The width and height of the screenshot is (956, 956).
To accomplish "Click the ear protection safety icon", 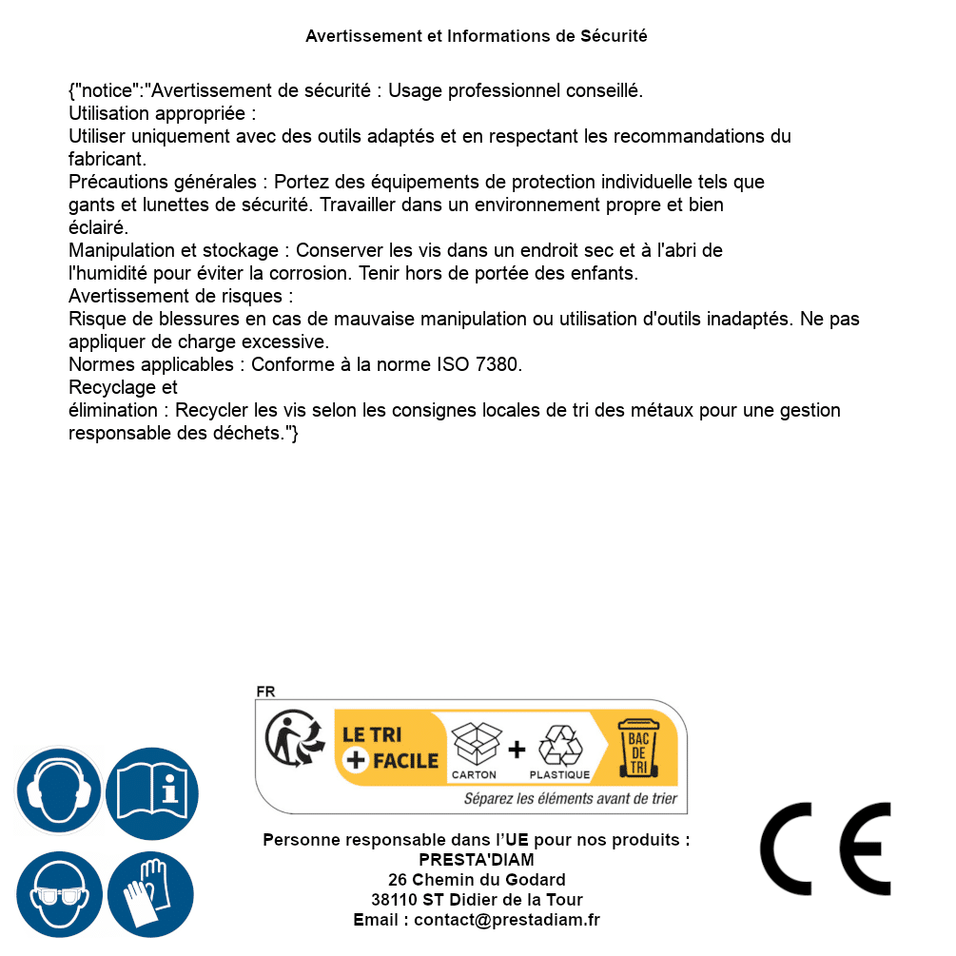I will point(58,790).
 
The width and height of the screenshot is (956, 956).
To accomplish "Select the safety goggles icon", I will point(58,895).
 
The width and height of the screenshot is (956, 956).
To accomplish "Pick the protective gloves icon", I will point(150,895).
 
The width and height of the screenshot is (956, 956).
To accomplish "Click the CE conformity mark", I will point(826,849).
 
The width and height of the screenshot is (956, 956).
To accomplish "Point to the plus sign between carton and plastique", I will point(517,750).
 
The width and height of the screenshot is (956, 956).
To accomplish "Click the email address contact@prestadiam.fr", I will point(507,920).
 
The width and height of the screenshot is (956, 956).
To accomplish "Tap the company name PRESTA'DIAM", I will point(477,860).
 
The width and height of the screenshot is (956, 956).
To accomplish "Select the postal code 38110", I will point(394,900).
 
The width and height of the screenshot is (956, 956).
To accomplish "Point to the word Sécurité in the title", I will point(614,36).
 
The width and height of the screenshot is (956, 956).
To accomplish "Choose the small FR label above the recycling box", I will point(265,692).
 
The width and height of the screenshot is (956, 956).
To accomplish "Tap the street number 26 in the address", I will point(398,880).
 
